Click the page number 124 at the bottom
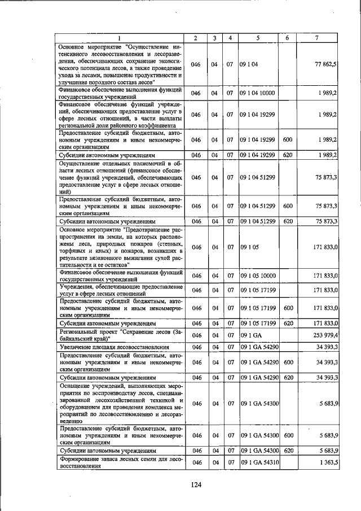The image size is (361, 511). coord(196,484)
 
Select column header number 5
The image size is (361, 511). coord(257,37)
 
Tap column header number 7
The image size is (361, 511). coord(317,37)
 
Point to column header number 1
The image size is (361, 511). coord(119,37)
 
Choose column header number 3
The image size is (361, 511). coord(215,37)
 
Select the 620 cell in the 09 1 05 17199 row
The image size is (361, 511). coord(287,323)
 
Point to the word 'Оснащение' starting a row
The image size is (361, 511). coord(76,385)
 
